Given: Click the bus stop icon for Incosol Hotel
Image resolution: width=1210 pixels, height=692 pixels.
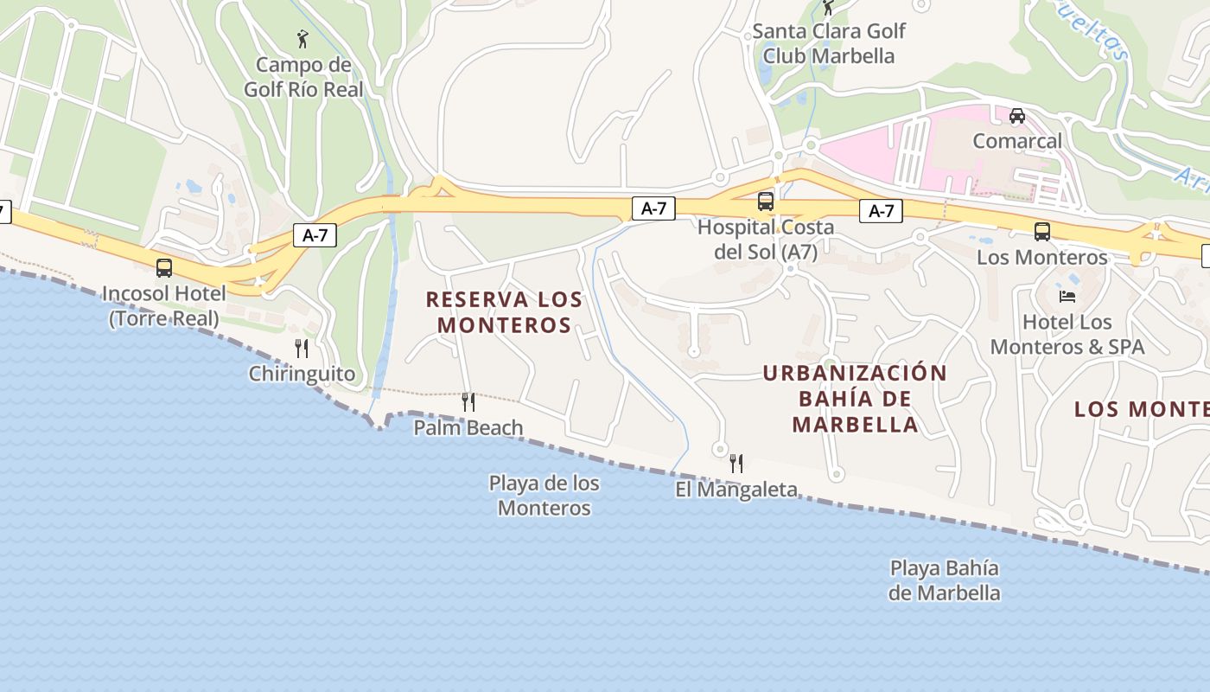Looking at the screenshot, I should click(x=164, y=268).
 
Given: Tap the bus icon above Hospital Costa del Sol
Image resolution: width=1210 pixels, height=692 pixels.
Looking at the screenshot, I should click(x=766, y=202).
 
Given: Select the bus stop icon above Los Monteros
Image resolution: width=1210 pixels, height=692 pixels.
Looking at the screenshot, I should click(x=1042, y=231).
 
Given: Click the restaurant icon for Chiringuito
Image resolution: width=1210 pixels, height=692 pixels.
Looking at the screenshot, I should click(x=302, y=349).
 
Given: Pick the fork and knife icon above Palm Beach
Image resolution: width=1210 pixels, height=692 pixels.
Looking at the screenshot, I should click(x=468, y=401).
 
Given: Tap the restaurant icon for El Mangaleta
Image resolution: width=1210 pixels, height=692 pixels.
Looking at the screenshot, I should click(x=736, y=463).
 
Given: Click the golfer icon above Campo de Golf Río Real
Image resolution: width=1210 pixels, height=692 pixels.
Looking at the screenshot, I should click(x=302, y=39).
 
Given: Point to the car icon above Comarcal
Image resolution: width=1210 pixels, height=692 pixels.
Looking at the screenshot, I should click(x=1017, y=115).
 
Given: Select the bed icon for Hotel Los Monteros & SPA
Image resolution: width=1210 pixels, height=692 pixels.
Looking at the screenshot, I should click(x=1067, y=297).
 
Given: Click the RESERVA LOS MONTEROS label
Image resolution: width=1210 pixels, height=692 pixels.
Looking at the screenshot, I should click(x=504, y=312).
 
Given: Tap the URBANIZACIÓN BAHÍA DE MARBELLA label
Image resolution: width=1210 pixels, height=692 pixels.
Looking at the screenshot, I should click(x=855, y=399).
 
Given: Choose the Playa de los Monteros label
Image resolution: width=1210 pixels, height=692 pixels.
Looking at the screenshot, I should click(x=544, y=496).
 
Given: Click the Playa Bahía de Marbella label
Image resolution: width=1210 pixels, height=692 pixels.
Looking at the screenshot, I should click(x=945, y=580).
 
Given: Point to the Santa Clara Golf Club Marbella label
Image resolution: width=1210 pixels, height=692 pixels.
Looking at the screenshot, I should click(x=829, y=43).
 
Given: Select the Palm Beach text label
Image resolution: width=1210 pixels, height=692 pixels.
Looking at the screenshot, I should click(x=468, y=427).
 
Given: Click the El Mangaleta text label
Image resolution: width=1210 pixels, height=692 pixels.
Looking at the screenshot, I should click(x=736, y=490).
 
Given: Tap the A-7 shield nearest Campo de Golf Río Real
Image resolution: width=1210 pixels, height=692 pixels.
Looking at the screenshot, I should click(x=315, y=235).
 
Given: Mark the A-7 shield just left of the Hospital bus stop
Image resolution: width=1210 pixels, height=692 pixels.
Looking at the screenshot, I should click(x=653, y=208).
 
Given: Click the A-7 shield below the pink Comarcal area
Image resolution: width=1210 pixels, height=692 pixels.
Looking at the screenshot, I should click(x=881, y=211).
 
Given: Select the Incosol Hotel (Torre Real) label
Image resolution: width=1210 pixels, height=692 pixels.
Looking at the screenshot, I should click(x=164, y=305).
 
